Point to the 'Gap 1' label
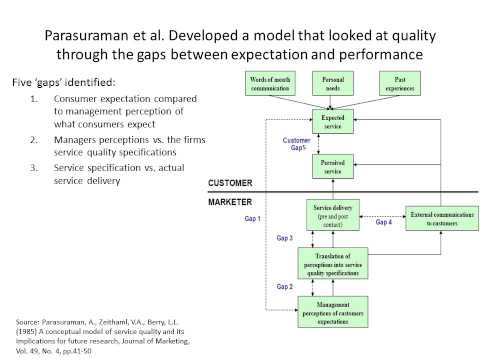tap(253, 218)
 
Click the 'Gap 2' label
tap(284, 286)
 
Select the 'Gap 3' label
tap(284, 240)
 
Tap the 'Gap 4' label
tap(384, 222)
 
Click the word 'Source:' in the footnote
tap(32, 321)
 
